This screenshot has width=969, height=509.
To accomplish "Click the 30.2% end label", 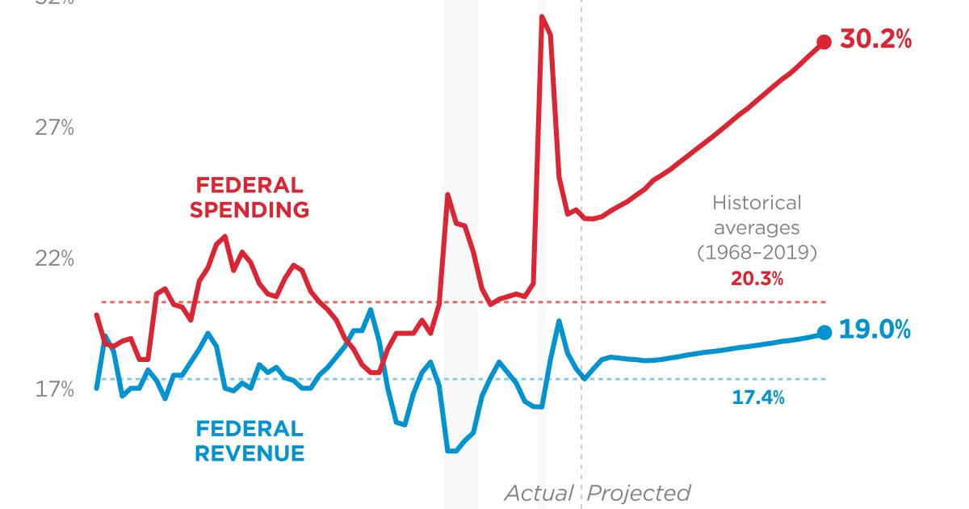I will click(875, 39).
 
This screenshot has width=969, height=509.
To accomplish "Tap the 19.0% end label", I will click(875, 330).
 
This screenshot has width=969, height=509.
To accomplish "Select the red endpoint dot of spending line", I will click(824, 42).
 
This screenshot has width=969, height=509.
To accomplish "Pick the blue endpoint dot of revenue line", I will click(824, 332).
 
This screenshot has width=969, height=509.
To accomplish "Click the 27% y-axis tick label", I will click(55, 128).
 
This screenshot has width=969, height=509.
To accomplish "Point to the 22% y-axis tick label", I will click(55, 259).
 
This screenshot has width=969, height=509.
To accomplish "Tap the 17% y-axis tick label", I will click(55, 389).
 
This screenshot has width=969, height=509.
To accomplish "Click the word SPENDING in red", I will click(250, 210).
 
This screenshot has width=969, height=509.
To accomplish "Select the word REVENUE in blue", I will click(250, 453).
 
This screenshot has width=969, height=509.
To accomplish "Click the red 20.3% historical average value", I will click(757, 280).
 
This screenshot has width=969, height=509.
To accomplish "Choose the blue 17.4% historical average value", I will click(757, 398).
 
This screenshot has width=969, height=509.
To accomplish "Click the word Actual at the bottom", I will click(539, 493).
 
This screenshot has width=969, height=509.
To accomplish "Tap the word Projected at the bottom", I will click(638, 493).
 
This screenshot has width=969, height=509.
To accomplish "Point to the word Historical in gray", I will click(757, 203).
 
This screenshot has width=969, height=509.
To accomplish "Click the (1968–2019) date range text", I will click(757, 253).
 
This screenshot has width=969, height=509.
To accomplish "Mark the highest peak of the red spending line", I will click(542, 17).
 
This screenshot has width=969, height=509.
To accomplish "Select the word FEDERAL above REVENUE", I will click(250, 429).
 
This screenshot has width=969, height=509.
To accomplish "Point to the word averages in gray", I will click(757, 228).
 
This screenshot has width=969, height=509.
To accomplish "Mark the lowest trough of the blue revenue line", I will click(451, 451).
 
